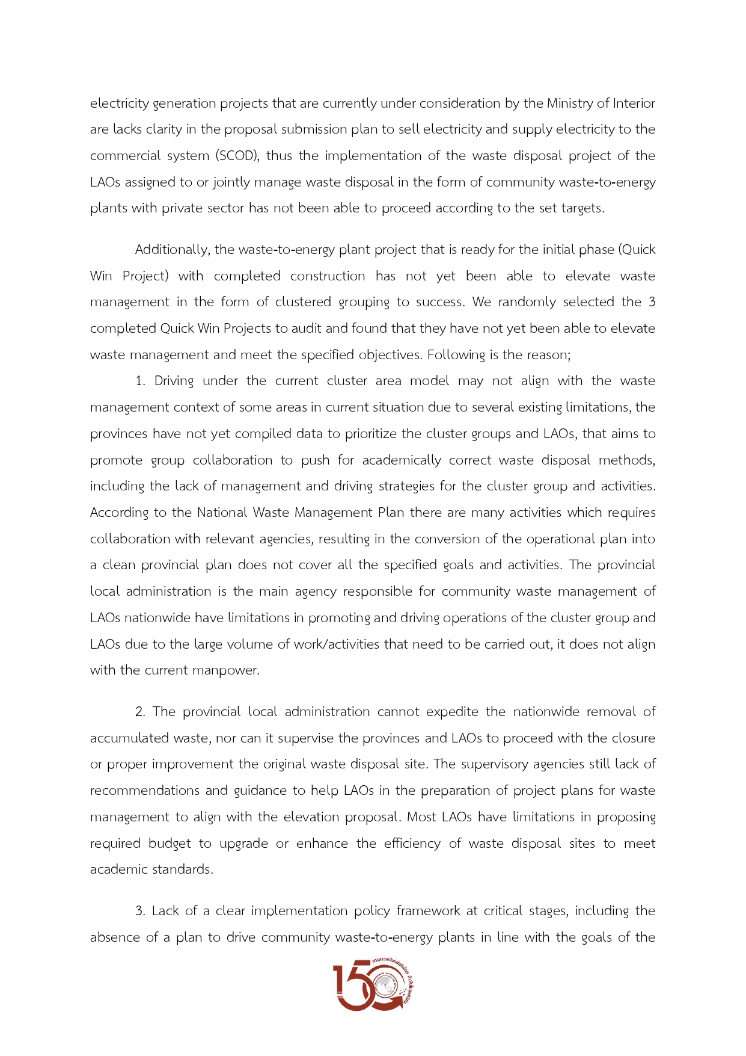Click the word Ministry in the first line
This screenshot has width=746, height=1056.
tap(569, 103)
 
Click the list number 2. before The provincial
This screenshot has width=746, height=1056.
tap(140, 712)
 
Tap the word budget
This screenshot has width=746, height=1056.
tap(170, 844)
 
